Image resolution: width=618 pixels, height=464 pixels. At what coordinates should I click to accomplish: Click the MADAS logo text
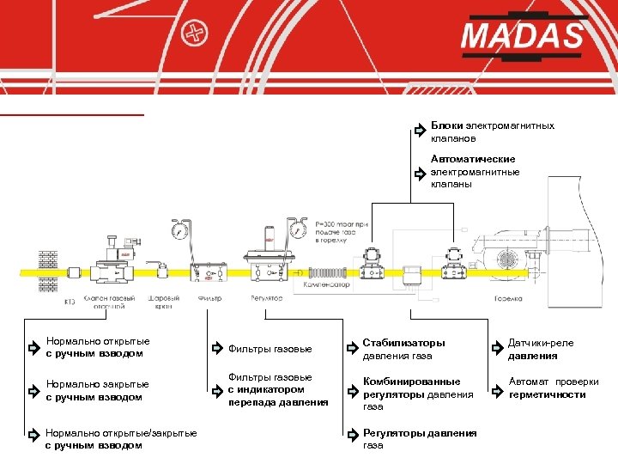[521, 37]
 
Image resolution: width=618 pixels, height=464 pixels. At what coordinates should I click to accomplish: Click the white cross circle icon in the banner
[197, 34]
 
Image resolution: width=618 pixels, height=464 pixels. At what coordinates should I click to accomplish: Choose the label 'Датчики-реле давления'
[541, 349]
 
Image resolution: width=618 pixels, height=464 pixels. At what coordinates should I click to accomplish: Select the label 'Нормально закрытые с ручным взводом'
[97, 390]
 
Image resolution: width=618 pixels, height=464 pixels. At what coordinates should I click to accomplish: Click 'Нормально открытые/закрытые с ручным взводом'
[121, 439]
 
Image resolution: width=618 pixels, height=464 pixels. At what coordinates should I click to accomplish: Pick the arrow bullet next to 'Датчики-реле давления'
[496, 349]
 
